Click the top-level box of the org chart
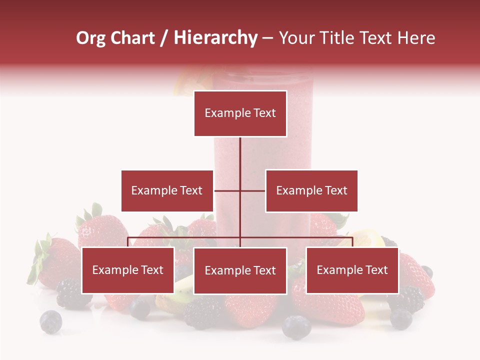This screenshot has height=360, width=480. tap(240, 113)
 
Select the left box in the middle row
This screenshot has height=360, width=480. tap(167, 190)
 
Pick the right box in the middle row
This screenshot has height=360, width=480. tap(311, 190)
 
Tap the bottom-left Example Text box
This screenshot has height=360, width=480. tap(127, 270)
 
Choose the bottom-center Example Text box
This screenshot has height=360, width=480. tap(240, 271)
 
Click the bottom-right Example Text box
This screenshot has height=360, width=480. tap(352, 270)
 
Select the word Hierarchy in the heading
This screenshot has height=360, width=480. tap(215, 38)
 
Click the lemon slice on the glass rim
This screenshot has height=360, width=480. tap(186, 83)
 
